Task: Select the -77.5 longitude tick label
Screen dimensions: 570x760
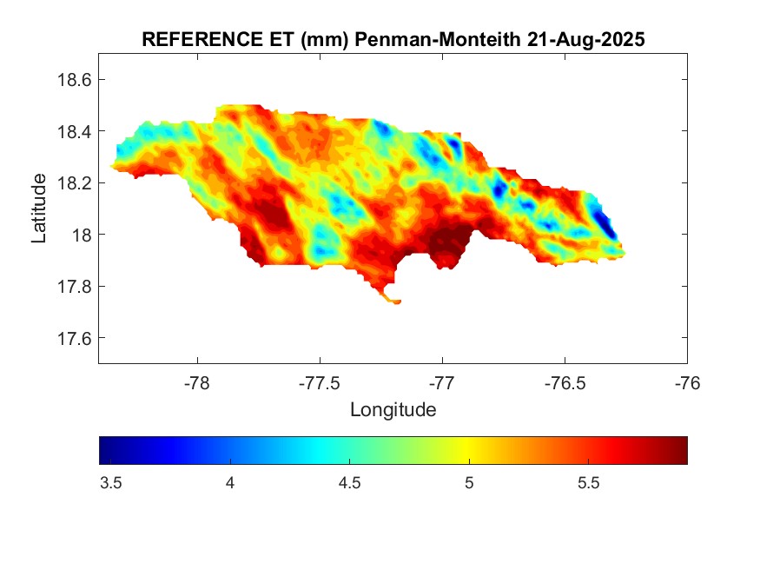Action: (320, 381)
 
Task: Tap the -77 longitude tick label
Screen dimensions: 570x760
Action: (442, 381)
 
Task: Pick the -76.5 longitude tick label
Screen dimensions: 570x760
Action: (565, 381)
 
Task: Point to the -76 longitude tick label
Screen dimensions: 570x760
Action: (687, 381)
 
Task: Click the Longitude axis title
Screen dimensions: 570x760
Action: (393, 408)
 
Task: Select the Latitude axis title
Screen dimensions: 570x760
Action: (39, 209)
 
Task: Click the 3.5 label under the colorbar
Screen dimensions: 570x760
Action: (110, 483)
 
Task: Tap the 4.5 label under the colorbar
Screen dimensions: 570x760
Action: (349, 483)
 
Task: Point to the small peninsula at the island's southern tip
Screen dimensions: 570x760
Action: (392, 300)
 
